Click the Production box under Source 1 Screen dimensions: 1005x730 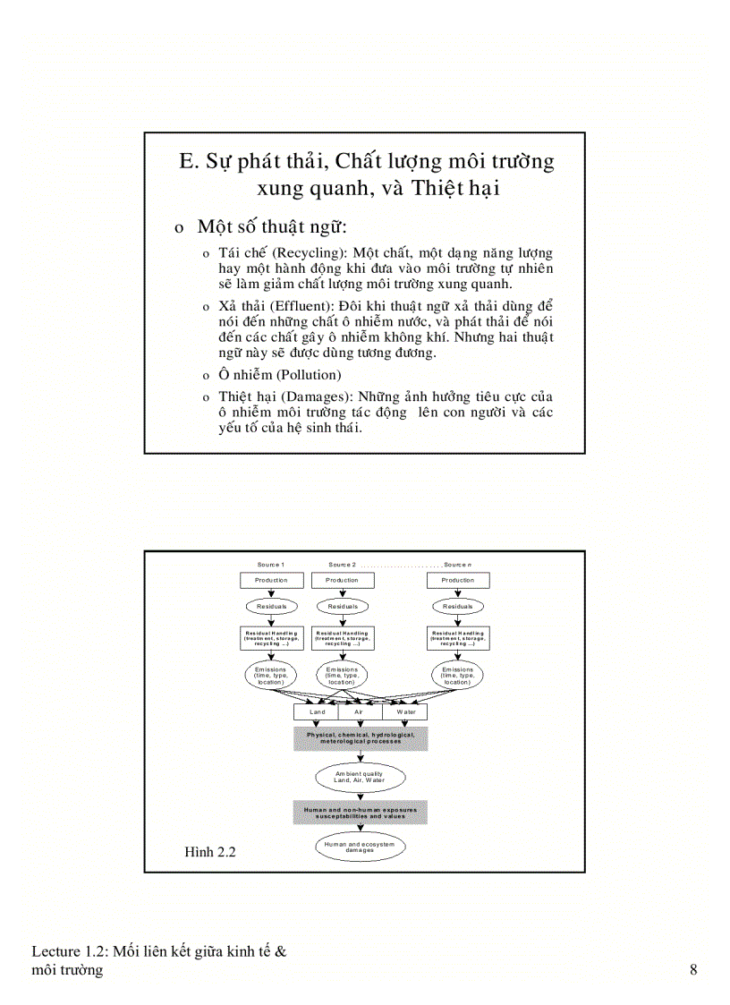pyautogui.click(x=271, y=580)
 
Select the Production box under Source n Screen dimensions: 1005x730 pyautogui.click(x=457, y=580)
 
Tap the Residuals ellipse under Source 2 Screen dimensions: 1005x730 pyautogui.click(x=342, y=606)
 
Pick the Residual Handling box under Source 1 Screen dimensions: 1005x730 pyautogui.click(x=271, y=636)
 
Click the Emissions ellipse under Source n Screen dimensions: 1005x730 pyautogui.click(x=457, y=675)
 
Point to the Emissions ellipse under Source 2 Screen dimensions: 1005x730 pyautogui.click(x=342, y=675)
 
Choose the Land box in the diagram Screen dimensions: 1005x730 pyautogui.click(x=317, y=712)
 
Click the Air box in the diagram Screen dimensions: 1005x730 pyautogui.click(x=360, y=712)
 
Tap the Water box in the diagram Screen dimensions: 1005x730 pyautogui.click(x=405, y=712)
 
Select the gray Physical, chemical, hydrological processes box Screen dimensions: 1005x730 pyautogui.click(x=361, y=738)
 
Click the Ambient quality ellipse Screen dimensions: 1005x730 pyautogui.click(x=360, y=776)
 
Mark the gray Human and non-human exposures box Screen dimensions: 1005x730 pyautogui.click(x=361, y=813)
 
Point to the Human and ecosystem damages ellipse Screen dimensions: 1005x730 pyautogui.click(x=360, y=847)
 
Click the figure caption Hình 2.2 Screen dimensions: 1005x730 pyautogui.click(x=209, y=852)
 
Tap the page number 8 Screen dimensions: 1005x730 pyautogui.click(x=693, y=970)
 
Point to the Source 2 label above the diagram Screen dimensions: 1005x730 pyautogui.click(x=342, y=565)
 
